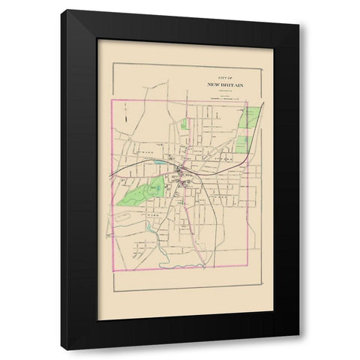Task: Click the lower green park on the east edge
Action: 241,142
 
